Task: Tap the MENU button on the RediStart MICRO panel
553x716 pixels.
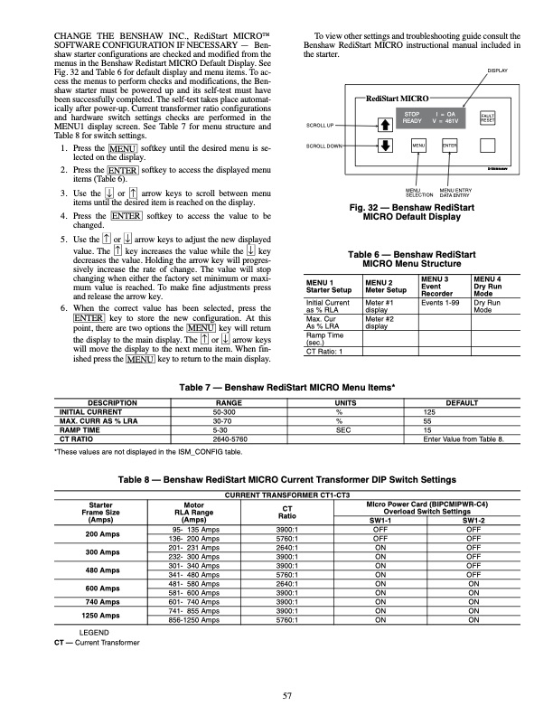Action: (419, 145)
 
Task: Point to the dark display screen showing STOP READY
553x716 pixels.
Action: (432, 117)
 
